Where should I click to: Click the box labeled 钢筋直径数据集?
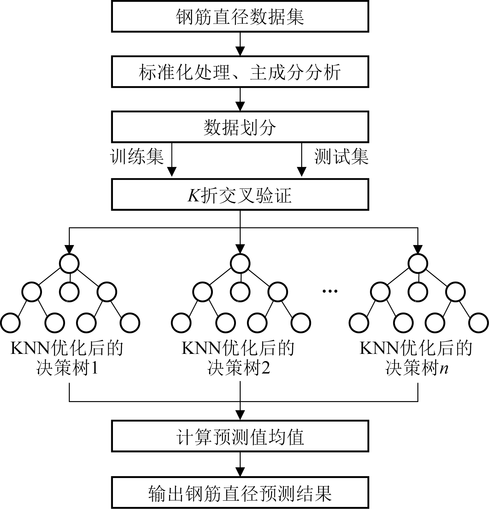click(x=240, y=17)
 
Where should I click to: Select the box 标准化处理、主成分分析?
click(x=240, y=72)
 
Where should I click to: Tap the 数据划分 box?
click(x=240, y=127)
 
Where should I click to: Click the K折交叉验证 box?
click(x=240, y=194)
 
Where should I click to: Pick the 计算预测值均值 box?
click(x=240, y=437)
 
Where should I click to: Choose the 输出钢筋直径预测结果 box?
click(x=240, y=492)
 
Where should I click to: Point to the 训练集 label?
click(x=137, y=156)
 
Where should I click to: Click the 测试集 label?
click(x=341, y=156)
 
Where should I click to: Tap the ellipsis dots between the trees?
click(x=330, y=291)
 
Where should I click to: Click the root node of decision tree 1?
click(x=69, y=263)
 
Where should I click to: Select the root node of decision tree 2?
click(x=240, y=263)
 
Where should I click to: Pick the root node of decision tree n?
click(x=418, y=263)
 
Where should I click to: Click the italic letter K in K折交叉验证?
click(x=194, y=195)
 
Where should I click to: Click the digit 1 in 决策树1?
click(x=95, y=368)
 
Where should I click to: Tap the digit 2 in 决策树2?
click(x=265, y=368)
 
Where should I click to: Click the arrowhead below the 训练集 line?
click(x=171, y=172)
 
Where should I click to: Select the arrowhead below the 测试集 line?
click(x=302, y=172)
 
